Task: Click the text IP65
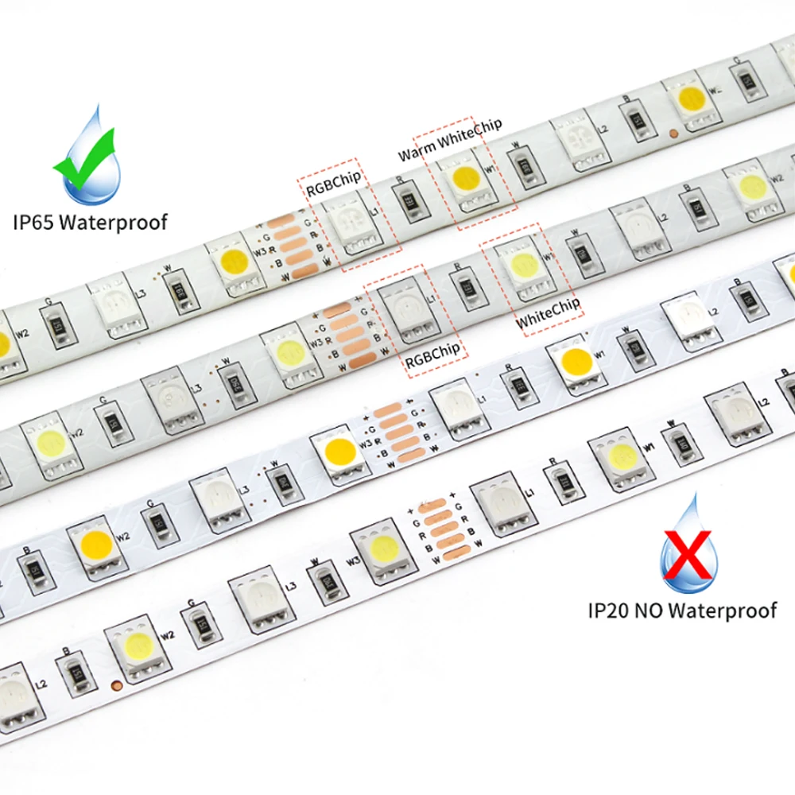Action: coord(35,221)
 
